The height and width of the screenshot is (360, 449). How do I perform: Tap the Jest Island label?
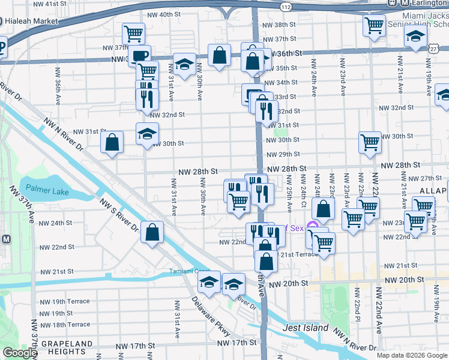click(x=306, y=328)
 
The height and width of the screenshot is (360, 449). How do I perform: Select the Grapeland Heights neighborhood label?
click(x=58, y=348)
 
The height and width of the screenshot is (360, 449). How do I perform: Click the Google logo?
click(x=19, y=353)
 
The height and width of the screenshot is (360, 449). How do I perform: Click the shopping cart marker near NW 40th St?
click(x=133, y=33)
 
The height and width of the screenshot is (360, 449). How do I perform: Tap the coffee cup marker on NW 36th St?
click(x=139, y=56)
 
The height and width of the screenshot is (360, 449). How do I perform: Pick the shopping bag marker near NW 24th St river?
click(x=153, y=231)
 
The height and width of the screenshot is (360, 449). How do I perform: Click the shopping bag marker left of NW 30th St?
click(x=112, y=142)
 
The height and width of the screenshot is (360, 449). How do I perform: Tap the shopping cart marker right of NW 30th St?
click(x=370, y=143)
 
